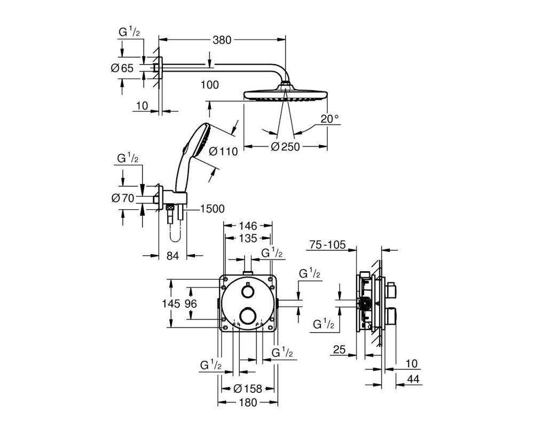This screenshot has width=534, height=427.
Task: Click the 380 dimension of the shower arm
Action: (x=222, y=40)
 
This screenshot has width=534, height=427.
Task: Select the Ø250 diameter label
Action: (x=285, y=147)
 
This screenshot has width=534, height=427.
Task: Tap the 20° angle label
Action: (x=329, y=119)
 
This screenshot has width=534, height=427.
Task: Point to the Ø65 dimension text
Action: (x=122, y=68)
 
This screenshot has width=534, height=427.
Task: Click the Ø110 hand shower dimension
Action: (x=223, y=151)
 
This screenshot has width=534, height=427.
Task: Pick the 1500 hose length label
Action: (x=213, y=209)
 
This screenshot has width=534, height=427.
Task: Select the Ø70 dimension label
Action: (x=123, y=198)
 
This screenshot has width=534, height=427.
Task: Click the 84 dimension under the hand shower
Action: (x=172, y=255)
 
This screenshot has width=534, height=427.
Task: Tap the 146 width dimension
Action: (x=248, y=225)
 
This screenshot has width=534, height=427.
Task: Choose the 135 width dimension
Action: (x=248, y=239)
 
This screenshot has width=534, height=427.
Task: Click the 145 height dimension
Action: (x=171, y=303)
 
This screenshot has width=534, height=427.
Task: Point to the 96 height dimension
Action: (x=191, y=303)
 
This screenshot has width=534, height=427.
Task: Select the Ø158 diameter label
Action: (x=248, y=389)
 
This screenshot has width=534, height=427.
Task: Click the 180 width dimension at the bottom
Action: (x=248, y=402)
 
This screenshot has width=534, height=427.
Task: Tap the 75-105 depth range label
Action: (x=327, y=244)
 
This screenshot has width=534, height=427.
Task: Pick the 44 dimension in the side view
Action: (x=413, y=379)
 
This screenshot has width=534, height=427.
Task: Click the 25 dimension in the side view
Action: (x=339, y=350)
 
